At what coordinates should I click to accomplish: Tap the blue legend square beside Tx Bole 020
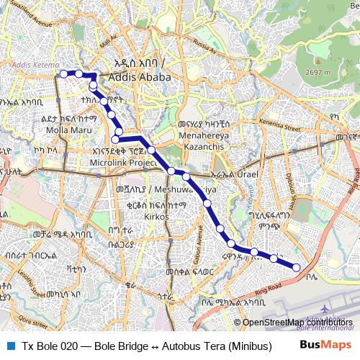pos(9,346)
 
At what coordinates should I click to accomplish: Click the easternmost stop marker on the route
pos(297,268)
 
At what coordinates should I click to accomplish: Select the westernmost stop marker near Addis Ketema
pos(63,73)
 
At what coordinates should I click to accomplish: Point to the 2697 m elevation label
pos(318,73)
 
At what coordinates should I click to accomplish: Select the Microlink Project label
pos(123,163)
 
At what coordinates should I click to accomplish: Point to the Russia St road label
pos(204,47)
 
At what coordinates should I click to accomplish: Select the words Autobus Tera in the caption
pos(194,346)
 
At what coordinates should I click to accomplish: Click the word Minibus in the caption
pos(249,346)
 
